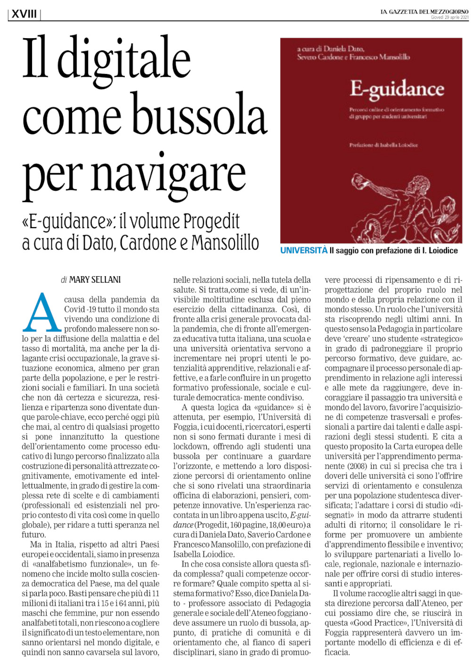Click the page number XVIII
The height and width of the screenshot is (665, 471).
pyautogui.click(x=24, y=14)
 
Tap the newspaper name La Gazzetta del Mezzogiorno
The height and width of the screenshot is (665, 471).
pyautogui.click(x=424, y=12)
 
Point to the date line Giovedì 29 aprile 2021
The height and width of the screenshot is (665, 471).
pyautogui.click(x=449, y=17)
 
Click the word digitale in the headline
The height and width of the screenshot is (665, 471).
pyautogui.click(x=124, y=59)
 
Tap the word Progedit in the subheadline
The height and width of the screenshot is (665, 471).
pyautogui.click(x=211, y=221)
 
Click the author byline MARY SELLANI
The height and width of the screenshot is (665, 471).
pyautogui.click(x=95, y=280)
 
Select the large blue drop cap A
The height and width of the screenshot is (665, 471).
pyautogui.click(x=42, y=313)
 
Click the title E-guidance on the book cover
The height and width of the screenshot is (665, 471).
pyautogui.click(x=397, y=90)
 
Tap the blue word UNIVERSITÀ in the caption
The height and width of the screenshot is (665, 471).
pyautogui.click(x=304, y=251)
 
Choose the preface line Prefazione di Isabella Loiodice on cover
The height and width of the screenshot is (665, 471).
pyautogui.click(x=383, y=145)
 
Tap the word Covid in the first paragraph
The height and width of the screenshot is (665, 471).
pyautogui.click(x=75, y=309)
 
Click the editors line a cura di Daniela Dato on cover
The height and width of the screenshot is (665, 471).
pyautogui.click(x=330, y=49)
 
